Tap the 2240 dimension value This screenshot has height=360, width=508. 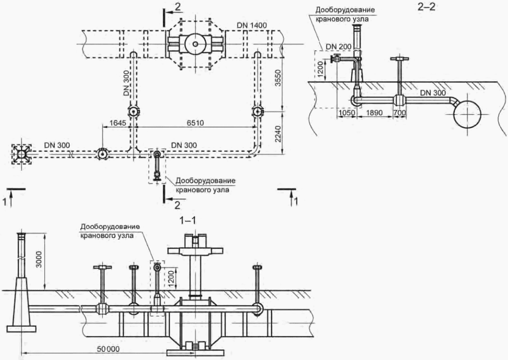(278, 135)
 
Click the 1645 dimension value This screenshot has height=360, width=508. (118, 123)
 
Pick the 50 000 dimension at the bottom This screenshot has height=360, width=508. (108, 349)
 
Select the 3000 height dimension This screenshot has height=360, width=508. (39, 259)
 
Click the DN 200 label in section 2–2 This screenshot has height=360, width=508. (338, 47)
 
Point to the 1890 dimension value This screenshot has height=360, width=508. (374, 113)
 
